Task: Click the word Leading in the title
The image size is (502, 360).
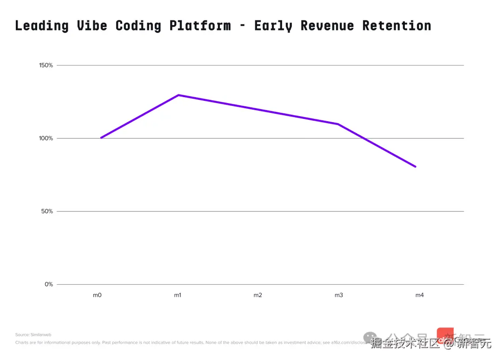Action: [x=42, y=26]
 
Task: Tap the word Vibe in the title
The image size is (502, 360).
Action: [x=92, y=26]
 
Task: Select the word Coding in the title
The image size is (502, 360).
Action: [x=138, y=26]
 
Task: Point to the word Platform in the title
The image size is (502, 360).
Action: [x=200, y=26]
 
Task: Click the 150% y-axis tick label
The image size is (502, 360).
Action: [x=46, y=65]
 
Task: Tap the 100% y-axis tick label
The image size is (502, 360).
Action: [x=46, y=138]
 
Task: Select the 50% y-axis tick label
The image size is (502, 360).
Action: [x=47, y=211]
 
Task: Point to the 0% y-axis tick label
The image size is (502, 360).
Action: [x=49, y=284]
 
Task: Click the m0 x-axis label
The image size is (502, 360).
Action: [x=97, y=295]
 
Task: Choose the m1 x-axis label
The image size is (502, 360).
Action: [x=178, y=295]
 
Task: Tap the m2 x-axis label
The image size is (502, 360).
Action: [x=258, y=295]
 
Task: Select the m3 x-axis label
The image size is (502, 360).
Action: [x=338, y=295]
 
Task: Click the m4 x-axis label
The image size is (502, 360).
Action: [x=419, y=295]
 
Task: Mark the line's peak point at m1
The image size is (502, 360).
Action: [x=178, y=95]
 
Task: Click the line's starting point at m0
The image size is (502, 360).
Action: [x=101, y=138]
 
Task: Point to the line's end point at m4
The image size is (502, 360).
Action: [x=415, y=166]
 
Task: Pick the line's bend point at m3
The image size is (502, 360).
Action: [x=338, y=124]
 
